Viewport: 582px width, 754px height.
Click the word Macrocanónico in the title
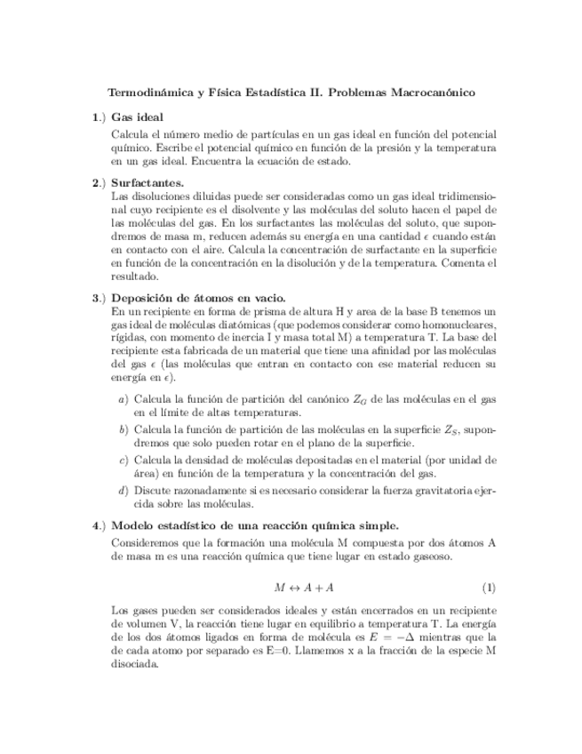coord(432,92)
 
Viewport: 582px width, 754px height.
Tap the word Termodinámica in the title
coord(148,92)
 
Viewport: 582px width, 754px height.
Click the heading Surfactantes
coord(147,183)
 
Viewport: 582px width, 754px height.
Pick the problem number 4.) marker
coord(99,525)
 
